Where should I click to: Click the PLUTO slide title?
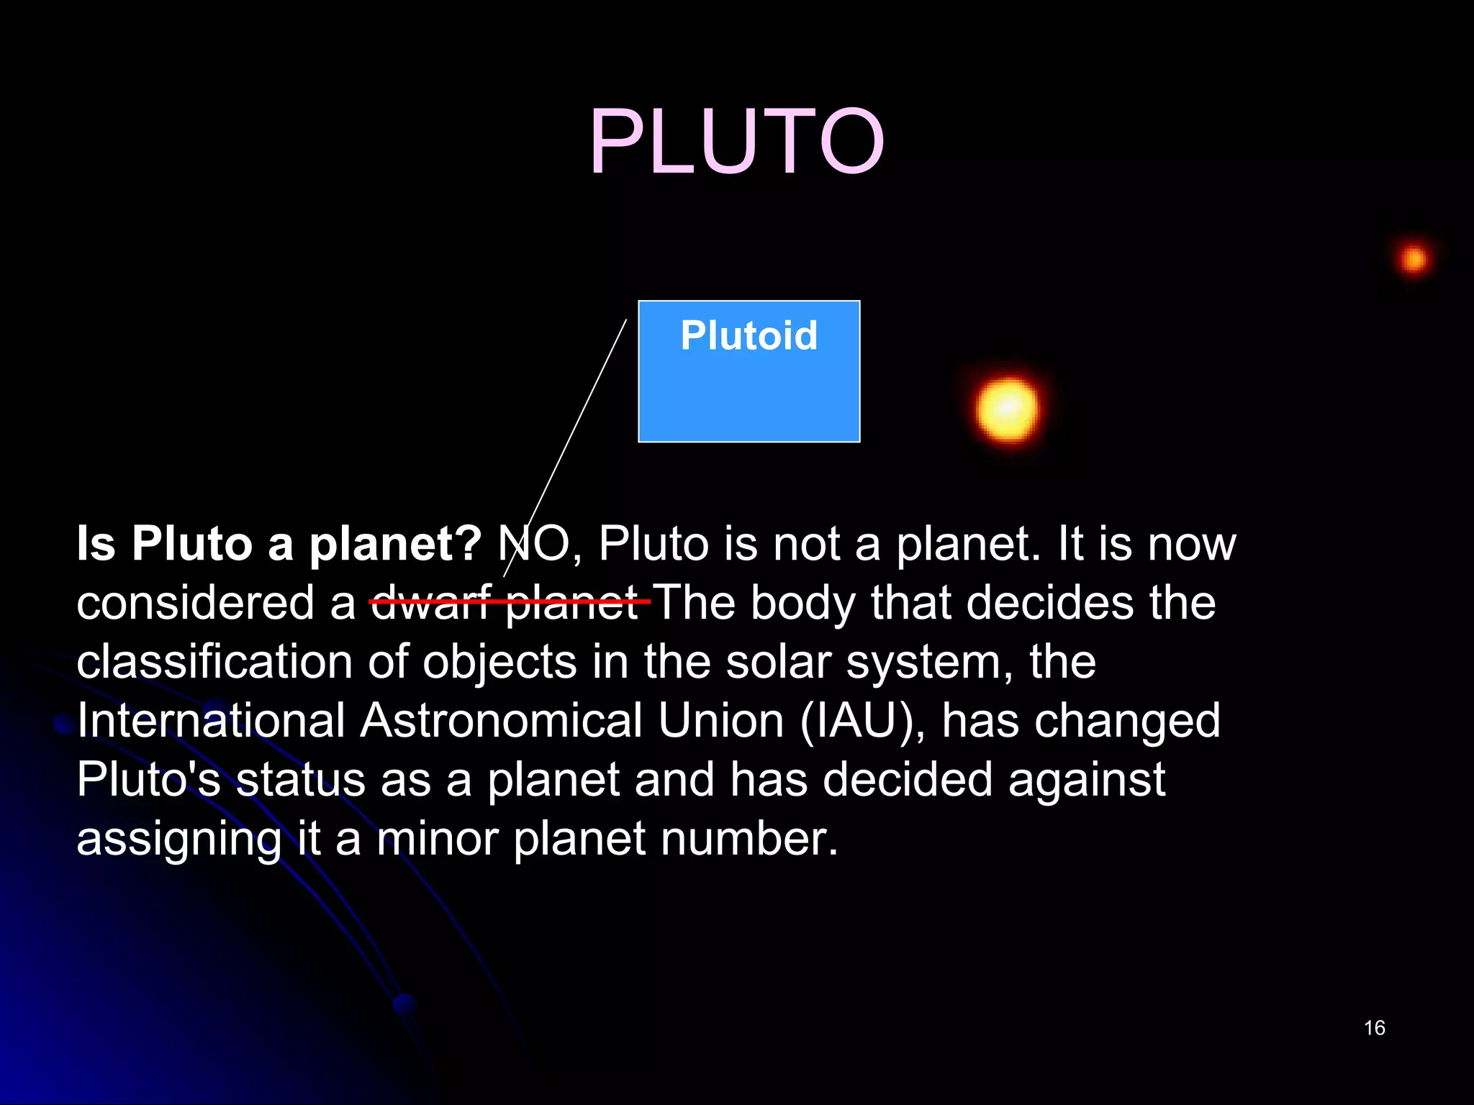click(x=736, y=141)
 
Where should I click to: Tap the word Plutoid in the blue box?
click(x=749, y=336)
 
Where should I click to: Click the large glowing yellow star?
click(x=1008, y=409)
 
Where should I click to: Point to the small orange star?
click(x=1414, y=259)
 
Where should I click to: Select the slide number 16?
click(x=1374, y=1028)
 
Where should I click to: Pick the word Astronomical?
click(x=501, y=721)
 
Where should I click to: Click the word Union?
click(x=720, y=721)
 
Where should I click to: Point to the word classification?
click(x=214, y=662)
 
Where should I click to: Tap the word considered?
click(x=195, y=603)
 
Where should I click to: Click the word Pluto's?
click(x=148, y=780)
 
